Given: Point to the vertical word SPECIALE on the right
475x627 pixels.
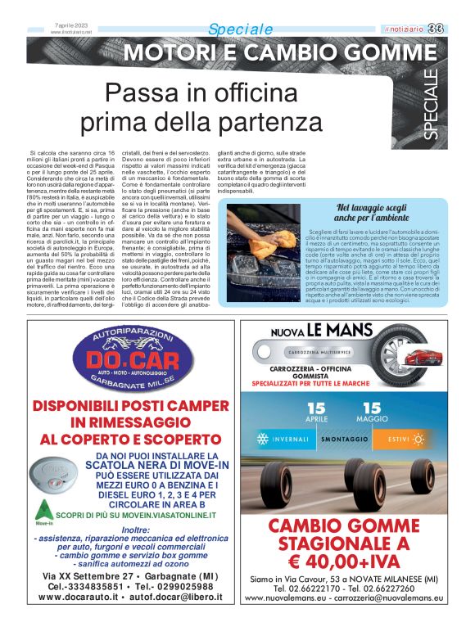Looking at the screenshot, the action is (x=432, y=106).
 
